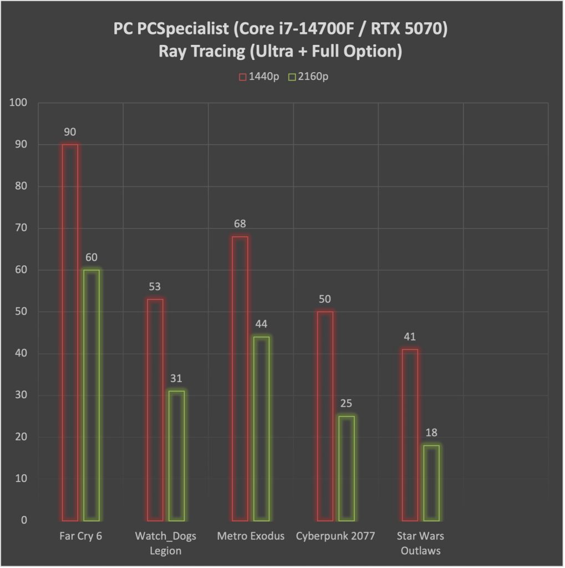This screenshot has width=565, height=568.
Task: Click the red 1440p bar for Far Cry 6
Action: point(70,332)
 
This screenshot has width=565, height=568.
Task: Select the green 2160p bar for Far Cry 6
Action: point(91,395)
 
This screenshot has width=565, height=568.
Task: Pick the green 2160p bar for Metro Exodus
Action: point(261,428)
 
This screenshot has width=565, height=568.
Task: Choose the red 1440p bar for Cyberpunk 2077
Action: point(325,416)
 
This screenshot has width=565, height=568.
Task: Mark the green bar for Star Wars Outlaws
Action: point(431,483)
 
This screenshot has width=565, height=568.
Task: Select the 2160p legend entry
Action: point(308,77)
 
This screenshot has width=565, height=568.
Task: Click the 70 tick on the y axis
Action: point(21,229)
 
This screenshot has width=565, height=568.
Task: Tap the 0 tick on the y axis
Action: point(23,521)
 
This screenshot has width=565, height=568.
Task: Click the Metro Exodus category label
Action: point(251,536)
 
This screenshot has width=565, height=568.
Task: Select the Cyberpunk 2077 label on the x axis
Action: point(335,536)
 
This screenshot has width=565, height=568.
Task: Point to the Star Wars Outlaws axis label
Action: point(420,542)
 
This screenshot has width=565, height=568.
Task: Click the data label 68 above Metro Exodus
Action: point(240,224)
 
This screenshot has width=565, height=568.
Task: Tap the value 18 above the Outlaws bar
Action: point(431,433)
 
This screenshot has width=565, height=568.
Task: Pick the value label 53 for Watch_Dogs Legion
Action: point(155,287)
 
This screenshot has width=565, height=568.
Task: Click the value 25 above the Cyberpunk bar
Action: point(347,403)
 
